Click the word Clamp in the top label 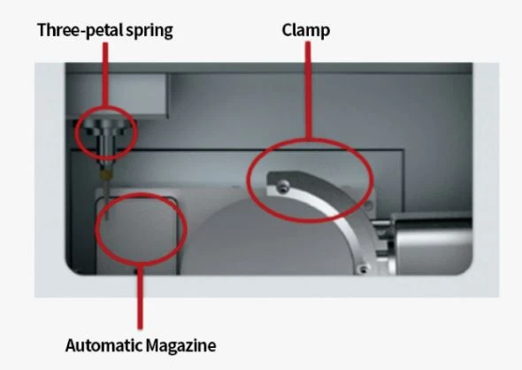click(306, 31)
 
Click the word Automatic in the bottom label click(104, 345)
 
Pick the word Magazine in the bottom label click(181, 345)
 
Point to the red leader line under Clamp click(308, 90)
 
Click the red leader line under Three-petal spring click(105, 74)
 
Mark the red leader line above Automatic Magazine click(140, 297)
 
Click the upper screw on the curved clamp click(283, 186)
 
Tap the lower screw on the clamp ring click(363, 268)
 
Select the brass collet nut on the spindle click(106, 174)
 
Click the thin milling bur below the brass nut click(106, 199)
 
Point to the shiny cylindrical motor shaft click(432, 243)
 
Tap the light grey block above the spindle click(117, 95)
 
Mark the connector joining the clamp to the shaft click(383, 240)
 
